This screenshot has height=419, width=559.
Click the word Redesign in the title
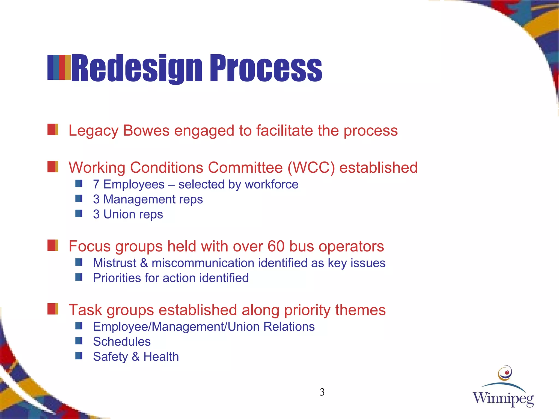(136, 68)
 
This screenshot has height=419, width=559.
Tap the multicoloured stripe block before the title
(59, 67)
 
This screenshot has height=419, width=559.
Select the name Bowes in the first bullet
(146, 131)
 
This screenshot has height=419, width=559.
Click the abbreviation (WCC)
(311, 167)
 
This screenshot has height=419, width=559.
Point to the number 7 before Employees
(96, 184)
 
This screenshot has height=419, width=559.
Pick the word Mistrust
(115, 263)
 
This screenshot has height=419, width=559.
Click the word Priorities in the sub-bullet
(117, 278)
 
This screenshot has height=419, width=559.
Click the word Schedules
(122, 342)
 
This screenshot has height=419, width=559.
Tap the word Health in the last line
(161, 357)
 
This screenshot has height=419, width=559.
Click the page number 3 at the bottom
(322, 392)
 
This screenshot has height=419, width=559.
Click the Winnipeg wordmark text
(503, 399)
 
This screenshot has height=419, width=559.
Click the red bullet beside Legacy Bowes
(53, 129)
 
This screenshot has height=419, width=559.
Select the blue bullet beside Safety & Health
(79, 356)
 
